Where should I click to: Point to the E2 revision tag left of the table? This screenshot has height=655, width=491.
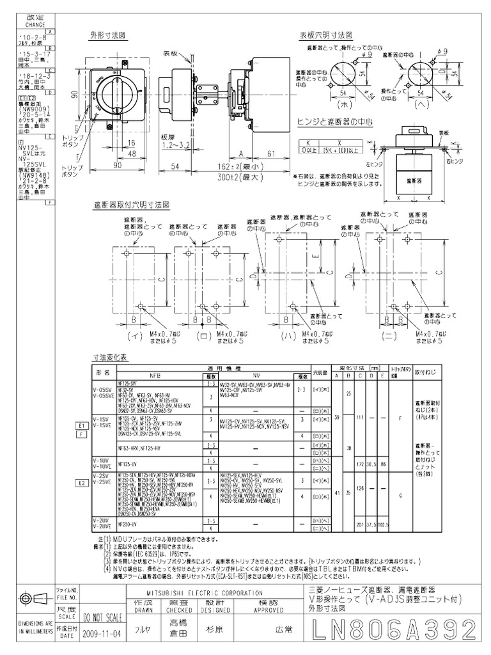(x=82, y=483)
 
